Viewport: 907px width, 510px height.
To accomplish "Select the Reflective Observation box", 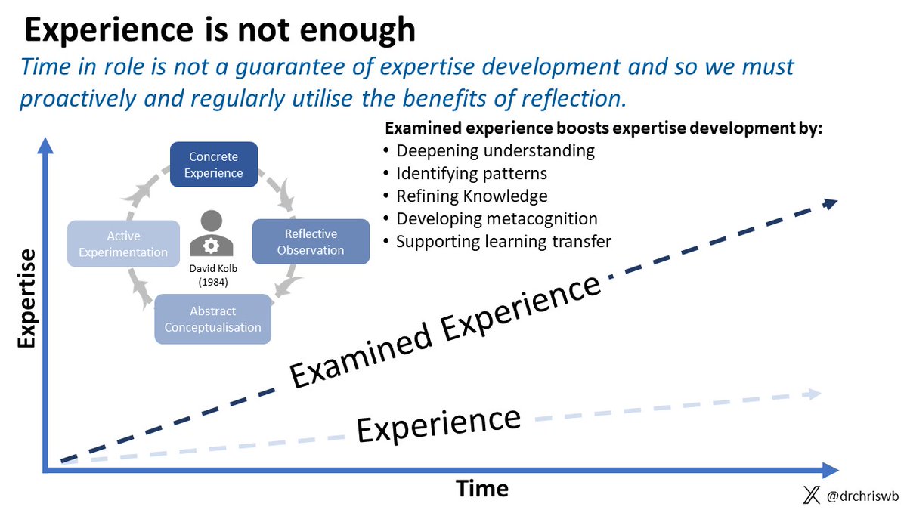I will point(311,241).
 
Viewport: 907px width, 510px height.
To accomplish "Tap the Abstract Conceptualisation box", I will point(212,319).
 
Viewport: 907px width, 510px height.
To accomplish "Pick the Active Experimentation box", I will point(123,243).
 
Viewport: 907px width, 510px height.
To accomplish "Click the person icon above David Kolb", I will point(212,234).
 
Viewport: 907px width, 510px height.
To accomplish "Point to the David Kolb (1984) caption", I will point(212,275).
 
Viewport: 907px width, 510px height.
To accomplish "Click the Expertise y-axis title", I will point(26,300).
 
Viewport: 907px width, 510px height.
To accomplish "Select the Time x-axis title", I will point(482,488).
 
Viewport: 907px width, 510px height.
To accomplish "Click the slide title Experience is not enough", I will point(219,29).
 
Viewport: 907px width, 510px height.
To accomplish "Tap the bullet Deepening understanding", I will point(495,150).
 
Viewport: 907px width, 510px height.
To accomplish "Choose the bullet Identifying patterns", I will point(471,173).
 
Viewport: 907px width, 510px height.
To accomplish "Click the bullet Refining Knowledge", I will point(472,196).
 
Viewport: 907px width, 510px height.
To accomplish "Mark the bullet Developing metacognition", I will point(497,218).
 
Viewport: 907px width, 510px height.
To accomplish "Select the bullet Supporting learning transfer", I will point(503,242).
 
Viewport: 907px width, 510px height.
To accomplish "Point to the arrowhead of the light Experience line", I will point(813,393).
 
